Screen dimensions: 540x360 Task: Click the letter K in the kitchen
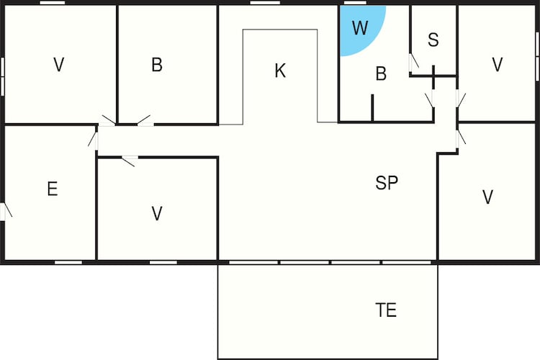280,71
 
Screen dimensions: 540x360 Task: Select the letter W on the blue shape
360,28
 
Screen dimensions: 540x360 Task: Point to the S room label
433,40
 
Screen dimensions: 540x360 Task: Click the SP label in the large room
387,183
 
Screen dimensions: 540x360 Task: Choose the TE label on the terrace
386,310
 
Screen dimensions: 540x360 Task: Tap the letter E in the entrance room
53,189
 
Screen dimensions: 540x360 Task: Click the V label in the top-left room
59,64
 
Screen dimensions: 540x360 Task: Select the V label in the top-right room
498,64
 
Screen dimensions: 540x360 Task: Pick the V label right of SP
487,197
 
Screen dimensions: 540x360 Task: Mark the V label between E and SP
157,214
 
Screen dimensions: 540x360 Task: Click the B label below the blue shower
381,73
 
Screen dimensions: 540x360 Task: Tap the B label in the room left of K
157,64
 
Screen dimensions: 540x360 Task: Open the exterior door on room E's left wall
4,212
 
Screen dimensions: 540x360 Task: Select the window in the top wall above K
265,3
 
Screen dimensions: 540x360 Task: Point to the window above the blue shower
355,3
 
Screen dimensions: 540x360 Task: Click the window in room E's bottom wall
68,263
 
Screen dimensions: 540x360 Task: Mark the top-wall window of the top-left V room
53,3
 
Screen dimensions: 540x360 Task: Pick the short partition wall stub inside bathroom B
372,107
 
